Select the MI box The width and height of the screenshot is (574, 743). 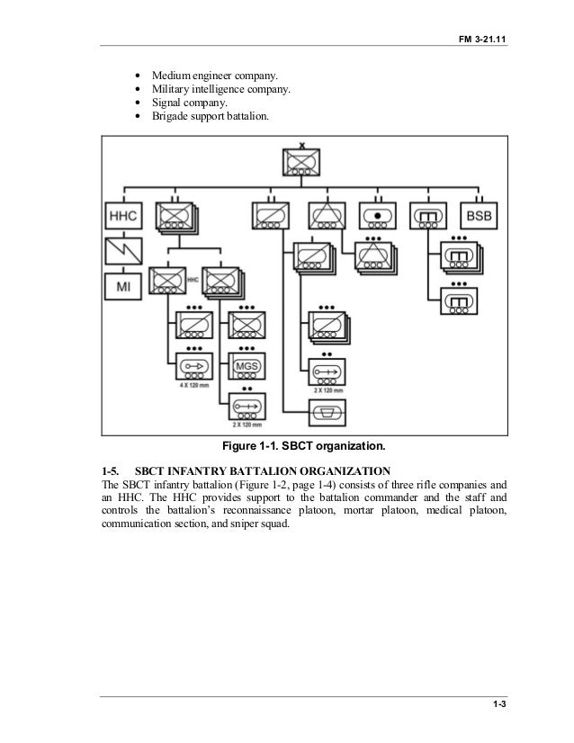(x=122, y=287)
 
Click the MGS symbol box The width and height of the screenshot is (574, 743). (x=247, y=367)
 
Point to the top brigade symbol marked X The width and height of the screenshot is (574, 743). (x=302, y=163)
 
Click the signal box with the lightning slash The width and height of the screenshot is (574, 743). (x=122, y=252)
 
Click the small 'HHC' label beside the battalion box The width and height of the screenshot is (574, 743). (x=191, y=281)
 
